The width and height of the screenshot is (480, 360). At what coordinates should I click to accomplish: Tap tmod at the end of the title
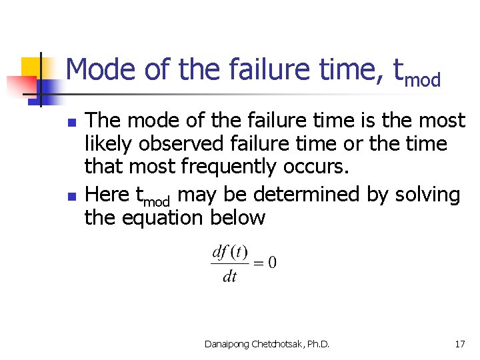(x=417, y=73)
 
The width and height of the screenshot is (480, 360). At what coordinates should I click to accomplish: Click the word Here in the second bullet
(x=108, y=195)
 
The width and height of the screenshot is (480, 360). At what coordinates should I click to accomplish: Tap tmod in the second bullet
(x=155, y=197)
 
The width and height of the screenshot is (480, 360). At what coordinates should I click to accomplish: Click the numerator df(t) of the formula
(x=229, y=252)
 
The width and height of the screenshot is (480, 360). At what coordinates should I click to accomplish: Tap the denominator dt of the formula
(x=229, y=275)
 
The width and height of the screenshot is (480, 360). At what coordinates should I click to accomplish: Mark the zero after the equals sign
(x=271, y=262)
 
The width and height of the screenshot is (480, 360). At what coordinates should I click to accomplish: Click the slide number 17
(x=459, y=344)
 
